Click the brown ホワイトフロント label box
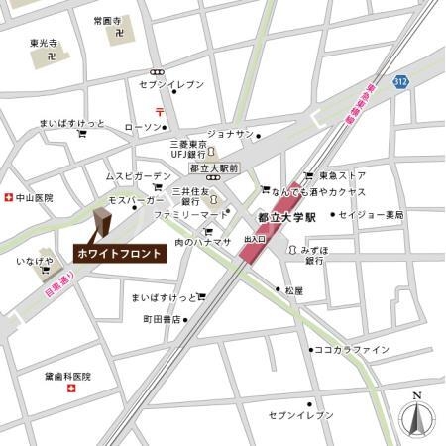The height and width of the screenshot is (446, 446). pyautogui.click(x=120, y=254)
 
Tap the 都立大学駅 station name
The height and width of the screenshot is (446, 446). pyautogui.click(x=284, y=215)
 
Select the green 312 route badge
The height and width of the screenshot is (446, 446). pyautogui.click(x=398, y=79)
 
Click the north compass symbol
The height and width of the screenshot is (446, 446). pyautogui.click(x=417, y=419)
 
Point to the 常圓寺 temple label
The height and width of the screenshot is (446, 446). pyautogui.click(x=106, y=20)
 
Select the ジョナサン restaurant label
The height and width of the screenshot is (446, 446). pyautogui.click(x=230, y=133)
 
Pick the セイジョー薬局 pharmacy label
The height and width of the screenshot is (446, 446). pyautogui.click(x=371, y=214)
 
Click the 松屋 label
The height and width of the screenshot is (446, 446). pyautogui.click(x=293, y=290)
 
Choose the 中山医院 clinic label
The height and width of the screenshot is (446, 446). pyautogui.click(x=34, y=198)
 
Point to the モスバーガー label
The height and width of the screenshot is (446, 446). pyautogui.click(x=136, y=199)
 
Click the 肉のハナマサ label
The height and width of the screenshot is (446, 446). pyautogui.click(x=202, y=242)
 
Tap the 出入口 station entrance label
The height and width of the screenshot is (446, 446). pyautogui.click(x=255, y=239)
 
